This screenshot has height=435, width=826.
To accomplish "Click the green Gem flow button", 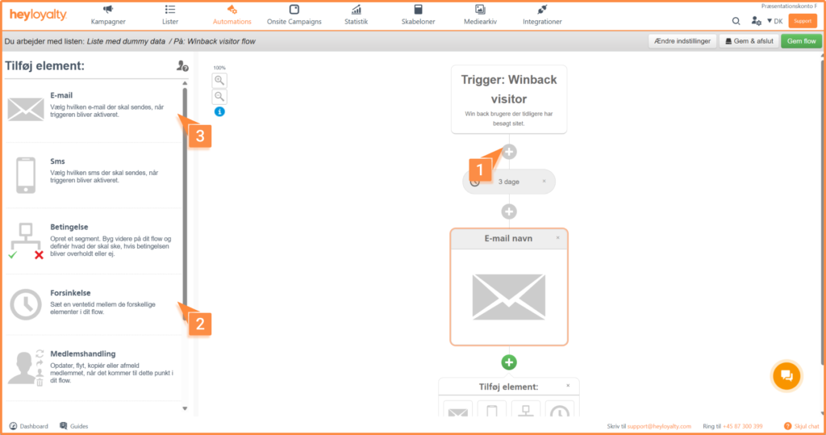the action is point(801,41).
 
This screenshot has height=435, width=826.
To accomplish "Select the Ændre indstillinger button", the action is point(682,41).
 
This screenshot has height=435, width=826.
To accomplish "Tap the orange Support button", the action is point(803,21).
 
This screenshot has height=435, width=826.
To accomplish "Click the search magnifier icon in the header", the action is point(736,21).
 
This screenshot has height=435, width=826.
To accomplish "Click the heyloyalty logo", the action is point(38,15).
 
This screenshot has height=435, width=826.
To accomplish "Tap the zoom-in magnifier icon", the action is point(219,81).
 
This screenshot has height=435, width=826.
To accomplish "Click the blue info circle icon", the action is point(219,112).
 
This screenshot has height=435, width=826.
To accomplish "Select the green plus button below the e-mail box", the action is point(509,362).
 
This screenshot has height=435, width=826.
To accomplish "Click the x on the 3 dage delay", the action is point(544,182).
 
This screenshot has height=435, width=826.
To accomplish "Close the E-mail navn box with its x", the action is point(558,238).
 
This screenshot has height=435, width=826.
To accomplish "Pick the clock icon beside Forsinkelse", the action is point(25,304).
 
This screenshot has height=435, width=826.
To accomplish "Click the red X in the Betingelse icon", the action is point(39,255).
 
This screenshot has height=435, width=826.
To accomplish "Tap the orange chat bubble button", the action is point(786,376).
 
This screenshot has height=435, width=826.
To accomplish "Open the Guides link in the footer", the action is point(73,426).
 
